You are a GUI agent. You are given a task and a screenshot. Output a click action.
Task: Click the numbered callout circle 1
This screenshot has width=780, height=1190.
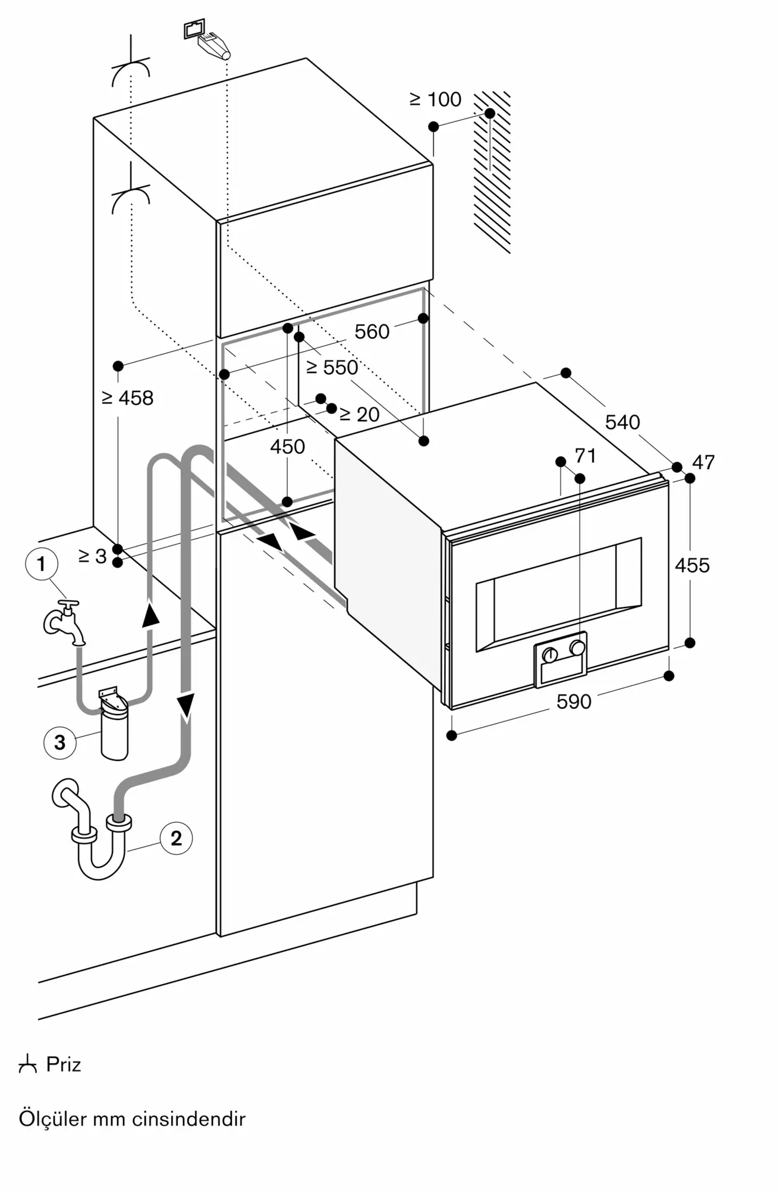pyautogui.click(x=41, y=563)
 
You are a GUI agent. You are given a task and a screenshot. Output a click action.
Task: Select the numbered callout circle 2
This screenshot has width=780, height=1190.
pyautogui.click(x=176, y=838)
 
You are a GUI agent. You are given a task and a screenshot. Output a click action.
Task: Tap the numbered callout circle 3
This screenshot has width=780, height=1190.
pyautogui.click(x=59, y=743)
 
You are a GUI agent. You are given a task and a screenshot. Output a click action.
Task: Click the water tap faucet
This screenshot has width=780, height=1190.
pyautogui.click(x=64, y=622)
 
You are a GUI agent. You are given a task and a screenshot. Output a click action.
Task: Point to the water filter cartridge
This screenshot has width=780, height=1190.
pyautogui.click(x=114, y=724)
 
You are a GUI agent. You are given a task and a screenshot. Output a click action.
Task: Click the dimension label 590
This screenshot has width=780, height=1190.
pyautogui.click(x=574, y=702)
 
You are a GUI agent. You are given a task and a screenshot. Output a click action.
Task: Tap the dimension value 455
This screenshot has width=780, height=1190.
pyautogui.click(x=692, y=565)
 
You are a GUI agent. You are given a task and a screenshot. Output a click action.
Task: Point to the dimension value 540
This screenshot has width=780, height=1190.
pyautogui.click(x=622, y=422)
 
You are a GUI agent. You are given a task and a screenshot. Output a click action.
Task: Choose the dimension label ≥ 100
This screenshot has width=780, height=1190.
pyautogui.click(x=435, y=99)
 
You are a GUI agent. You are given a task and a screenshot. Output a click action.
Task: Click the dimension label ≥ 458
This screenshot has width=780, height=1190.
pyautogui.click(x=127, y=397)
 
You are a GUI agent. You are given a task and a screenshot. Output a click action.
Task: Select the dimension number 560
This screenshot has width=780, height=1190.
pyautogui.click(x=372, y=331)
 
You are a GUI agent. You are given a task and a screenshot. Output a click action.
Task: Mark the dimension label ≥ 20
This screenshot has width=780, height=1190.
pyautogui.click(x=359, y=414)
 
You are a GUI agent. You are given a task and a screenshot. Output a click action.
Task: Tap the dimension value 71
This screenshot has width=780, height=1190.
pyautogui.click(x=586, y=456)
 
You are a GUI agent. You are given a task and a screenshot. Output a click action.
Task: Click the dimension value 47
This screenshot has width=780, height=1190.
pyautogui.click(x=704, y=462)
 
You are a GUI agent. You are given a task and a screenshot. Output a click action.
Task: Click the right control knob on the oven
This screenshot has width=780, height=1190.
pyautogui.click(x=577, y=647)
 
